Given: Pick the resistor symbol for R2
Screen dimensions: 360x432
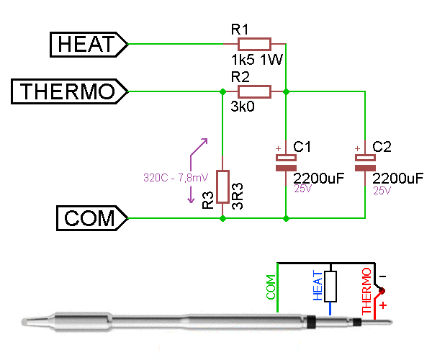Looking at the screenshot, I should click(x=254, y=91).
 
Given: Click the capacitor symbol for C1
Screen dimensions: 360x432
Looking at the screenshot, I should click(x=286, y=162).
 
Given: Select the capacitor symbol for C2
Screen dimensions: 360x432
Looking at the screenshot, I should click(x=366, y=162).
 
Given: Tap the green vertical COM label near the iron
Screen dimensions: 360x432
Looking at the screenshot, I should click(x=271, y=287).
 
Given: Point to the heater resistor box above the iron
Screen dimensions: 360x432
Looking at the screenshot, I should click(x=330, y=286).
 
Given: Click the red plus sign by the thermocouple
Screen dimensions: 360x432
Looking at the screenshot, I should click(x=382, y=305).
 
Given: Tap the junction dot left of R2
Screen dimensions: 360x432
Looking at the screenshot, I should click(x=222, y=91).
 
